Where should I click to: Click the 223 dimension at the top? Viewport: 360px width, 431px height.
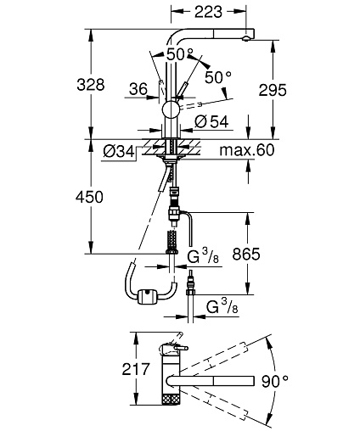(x=208, y=12)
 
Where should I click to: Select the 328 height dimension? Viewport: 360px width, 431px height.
(x=91, y=84)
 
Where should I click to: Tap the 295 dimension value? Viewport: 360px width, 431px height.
(x=273, y=90)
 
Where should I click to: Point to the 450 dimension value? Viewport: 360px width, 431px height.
(x=89, y=197)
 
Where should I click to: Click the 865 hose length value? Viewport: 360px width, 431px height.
(x=246, y=254)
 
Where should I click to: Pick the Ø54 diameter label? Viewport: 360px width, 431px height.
(x=211, y=122)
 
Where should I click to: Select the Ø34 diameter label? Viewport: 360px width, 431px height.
(x=119, y=152)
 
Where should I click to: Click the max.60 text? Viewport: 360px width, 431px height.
(x=247, y=150)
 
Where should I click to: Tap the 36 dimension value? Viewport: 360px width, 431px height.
(x=138, y=89)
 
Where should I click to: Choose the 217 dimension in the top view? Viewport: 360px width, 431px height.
(x=136, y=369)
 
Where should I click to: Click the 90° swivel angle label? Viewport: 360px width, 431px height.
(x=274, y=381)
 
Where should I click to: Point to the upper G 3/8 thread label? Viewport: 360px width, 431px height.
(x=203, y=257)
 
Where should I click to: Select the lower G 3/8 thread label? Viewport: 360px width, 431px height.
(x=222, y=306)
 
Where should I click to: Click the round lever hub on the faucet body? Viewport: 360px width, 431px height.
(x=171, y=109)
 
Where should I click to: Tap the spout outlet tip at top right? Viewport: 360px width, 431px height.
(x=246, y=39)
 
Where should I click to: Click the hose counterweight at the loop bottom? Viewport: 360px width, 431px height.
(x=147, y=297)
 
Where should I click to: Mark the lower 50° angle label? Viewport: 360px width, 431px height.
(x=218, y=77)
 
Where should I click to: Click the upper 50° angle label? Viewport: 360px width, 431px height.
(x=180, y=54)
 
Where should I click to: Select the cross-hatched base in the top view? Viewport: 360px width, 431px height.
(x=171, y=399)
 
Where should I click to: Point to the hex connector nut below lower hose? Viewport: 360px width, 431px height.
(x=191, y=291)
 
